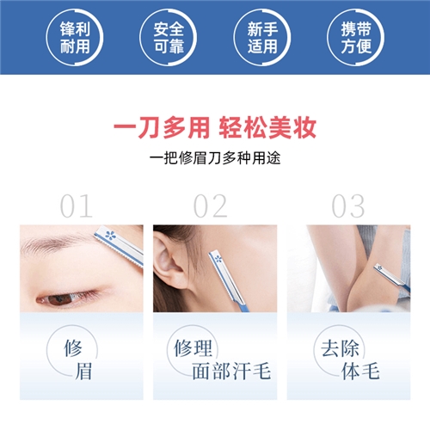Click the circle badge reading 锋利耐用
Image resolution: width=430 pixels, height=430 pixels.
75,38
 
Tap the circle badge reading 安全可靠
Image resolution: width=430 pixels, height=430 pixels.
169,38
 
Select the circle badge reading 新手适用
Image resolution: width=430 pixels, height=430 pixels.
262,38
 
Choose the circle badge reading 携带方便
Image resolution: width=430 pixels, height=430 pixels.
356,38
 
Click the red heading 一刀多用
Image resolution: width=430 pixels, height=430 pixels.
162,127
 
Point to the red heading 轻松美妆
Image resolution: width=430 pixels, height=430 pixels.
267,127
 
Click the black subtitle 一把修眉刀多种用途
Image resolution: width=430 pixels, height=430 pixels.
215,158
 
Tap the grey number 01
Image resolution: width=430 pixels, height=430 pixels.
77,206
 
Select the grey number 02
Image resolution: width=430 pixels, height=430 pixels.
211,206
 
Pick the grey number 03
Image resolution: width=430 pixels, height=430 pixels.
348,206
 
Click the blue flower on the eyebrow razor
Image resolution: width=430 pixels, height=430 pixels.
110,235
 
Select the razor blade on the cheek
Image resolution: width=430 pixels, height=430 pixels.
228,279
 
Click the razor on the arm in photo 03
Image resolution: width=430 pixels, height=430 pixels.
391,277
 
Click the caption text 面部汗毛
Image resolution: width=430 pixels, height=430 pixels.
231,371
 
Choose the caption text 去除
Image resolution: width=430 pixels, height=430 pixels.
340,348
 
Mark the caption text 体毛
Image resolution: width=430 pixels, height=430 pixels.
360,371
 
